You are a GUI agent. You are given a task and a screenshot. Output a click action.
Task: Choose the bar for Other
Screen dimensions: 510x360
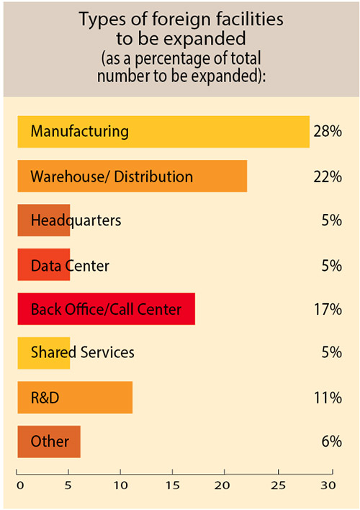pos(48,442)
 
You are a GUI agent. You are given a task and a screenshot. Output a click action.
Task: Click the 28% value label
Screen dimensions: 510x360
pos(327,132)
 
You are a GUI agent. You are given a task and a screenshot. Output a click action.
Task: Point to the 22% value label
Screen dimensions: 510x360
pos(327,176)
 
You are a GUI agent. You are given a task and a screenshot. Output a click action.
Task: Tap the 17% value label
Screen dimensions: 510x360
pos(327,310)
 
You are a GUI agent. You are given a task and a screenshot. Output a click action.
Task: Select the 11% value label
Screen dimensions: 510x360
pos(327,398)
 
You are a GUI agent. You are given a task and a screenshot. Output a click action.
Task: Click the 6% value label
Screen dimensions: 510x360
pos(331,442)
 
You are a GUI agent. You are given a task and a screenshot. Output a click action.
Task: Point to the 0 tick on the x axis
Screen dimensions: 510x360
pos(19,484)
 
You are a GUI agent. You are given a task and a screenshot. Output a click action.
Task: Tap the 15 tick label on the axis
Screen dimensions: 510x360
pos(173,484)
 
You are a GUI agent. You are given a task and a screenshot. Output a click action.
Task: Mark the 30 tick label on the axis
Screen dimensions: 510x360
pos(328,484)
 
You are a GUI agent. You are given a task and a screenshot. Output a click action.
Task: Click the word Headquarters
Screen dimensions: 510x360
pos(76,220)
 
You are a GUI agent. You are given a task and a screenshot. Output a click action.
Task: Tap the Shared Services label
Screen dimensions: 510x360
pos(83,353)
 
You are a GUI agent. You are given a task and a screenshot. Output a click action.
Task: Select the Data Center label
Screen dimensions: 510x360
pos(70,265)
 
